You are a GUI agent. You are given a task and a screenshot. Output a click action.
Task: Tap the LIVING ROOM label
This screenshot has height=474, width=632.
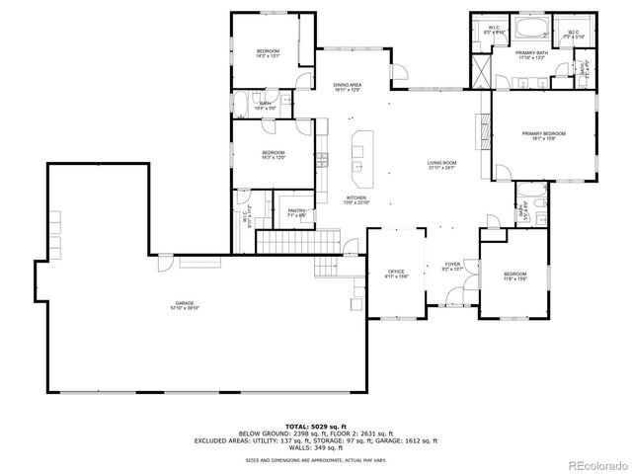click(x=441, y=163)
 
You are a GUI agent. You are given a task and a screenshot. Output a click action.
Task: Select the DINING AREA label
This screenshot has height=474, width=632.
click(x=347, y=85)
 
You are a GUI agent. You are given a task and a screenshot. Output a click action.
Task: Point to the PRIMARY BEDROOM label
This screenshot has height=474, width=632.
click(x=544, y=132)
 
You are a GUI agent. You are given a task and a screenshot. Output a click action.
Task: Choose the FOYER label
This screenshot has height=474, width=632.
click(x=452, y=265)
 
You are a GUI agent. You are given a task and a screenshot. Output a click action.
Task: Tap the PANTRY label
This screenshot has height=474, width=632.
click(x=296, y=210)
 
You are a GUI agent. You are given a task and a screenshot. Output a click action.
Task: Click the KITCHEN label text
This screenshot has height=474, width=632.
click(x=356, y=198)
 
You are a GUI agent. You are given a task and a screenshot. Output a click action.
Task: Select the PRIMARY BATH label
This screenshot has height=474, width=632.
click(x=531, y=52)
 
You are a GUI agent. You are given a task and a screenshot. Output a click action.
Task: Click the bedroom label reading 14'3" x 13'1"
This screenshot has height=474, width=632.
click(x=269, y=52)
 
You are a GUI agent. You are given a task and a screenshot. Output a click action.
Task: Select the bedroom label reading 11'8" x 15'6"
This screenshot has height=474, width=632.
click(x=515, y=276)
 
